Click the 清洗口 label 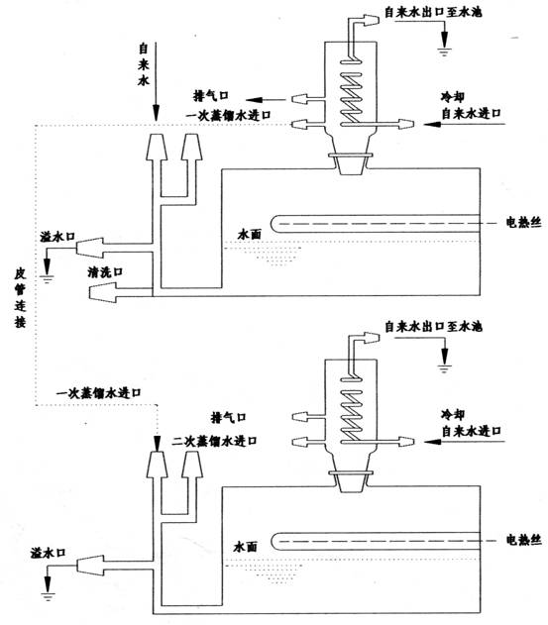click(x=105, y=272)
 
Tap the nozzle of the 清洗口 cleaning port click(x=102, y=292)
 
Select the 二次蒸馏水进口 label click(x=214, y=441)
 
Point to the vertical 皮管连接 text click(x=20, y=297)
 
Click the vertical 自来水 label click(x=143, y=64)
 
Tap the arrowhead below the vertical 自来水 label click(x=156, y=113)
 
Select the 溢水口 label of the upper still click(x=57, y=237)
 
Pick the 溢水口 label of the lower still click(x=48, y=553)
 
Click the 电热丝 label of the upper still click(x=523, y=222)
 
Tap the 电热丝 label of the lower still click(x=523, y=540)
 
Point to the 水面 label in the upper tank click(x=250, y=234)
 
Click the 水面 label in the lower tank click(x=246, y=547)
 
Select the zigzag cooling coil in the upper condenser click(x=351, y=97)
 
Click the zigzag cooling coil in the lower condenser click(x=351, y=415)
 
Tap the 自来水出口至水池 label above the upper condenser click(x=433, y=12)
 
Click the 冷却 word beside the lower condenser click(x=453, y=414)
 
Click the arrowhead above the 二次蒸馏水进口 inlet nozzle click(x=157, y=444)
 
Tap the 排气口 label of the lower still click(x=228, y=417)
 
